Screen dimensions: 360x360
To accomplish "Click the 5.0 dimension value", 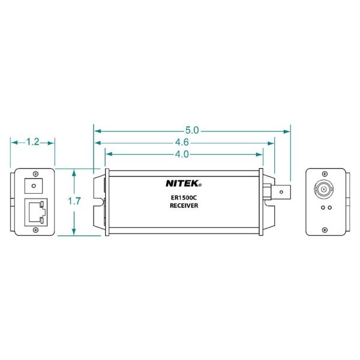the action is point(192,130).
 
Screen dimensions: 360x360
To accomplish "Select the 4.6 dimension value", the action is point(182,143).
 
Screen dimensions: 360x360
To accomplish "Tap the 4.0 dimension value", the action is point(182,154).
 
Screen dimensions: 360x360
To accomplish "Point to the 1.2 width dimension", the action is point(33,142).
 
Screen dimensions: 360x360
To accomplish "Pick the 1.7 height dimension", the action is point(74,201).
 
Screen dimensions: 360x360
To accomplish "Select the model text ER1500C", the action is point(184,197).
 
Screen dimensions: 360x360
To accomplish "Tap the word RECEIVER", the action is point(184,205).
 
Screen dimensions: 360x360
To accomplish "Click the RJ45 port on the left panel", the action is point(36,212).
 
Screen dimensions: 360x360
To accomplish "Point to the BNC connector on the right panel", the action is point(324,189).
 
